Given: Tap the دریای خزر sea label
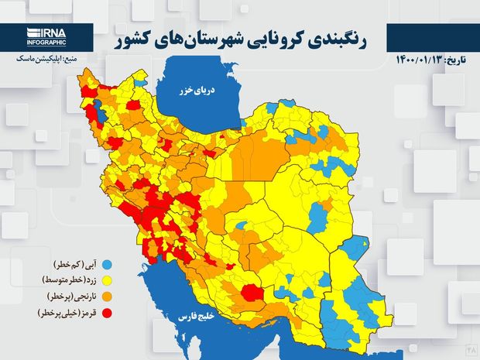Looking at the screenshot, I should click(x=204, y=91).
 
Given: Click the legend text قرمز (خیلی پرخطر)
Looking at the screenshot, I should click(x=62, y=314).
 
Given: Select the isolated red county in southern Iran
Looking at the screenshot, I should click(x=252, y=292).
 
